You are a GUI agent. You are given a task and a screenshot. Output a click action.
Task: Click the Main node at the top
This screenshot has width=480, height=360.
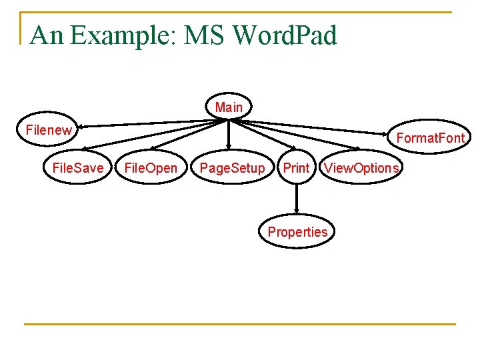click(229, 107)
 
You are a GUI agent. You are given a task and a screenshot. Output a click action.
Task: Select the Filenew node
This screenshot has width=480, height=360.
click(48, 130)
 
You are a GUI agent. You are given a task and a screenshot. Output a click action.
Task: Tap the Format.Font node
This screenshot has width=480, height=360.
click(430, 138)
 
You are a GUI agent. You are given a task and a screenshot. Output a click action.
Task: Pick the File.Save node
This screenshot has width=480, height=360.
click(78, 168)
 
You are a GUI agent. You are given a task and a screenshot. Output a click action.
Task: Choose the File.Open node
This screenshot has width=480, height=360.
click(151, 168)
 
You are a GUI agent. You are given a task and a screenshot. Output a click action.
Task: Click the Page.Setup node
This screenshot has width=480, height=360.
click(232, 168)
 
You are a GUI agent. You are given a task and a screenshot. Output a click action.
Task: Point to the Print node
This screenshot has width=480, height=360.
click(296, 168)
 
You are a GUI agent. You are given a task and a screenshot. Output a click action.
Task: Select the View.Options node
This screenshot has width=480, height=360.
click(361, 168)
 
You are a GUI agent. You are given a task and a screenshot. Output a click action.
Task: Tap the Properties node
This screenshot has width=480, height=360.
click(297, 232)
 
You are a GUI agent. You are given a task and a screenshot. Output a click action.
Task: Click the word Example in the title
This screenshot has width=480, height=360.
click(121, 35)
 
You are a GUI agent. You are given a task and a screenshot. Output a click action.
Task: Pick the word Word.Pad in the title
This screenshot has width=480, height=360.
click(285, 35)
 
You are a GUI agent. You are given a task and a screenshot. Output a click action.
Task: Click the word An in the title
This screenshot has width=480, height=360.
click(47, 35)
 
